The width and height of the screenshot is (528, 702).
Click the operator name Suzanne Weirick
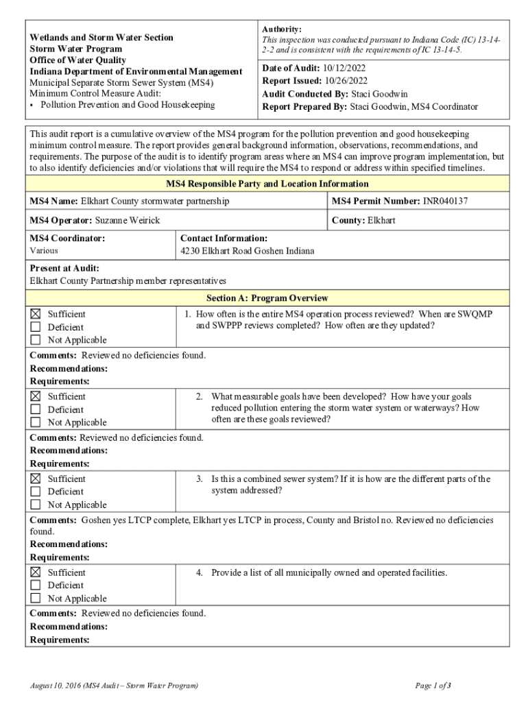127,220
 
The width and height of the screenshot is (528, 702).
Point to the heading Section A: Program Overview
267,298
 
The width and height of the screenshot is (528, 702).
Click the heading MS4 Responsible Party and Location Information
267,184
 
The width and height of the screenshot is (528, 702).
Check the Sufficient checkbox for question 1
36,314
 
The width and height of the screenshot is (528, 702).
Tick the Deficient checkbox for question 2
36,409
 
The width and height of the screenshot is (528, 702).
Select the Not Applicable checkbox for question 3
36,505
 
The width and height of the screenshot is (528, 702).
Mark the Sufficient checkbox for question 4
36,572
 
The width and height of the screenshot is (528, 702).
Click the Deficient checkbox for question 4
36,585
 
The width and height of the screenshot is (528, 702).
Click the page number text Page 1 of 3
433,685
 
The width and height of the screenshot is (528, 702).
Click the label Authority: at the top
281,29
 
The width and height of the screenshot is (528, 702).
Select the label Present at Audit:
64,268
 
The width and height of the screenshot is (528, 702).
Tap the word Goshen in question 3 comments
97,520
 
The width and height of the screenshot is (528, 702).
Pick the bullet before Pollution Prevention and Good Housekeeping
32,105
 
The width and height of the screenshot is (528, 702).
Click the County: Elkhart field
363,220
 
